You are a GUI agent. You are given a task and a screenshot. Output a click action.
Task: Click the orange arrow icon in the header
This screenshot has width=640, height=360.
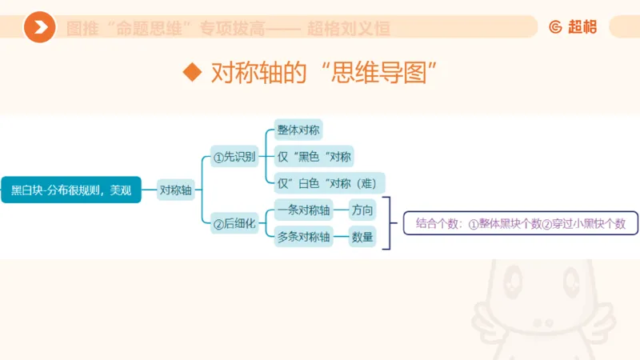39,28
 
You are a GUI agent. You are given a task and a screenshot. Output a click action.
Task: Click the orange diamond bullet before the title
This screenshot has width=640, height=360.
191,72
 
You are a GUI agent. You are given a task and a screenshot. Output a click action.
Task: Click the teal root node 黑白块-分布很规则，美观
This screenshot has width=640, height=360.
71,190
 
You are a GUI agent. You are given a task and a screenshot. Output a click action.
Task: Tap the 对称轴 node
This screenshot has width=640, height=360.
176,190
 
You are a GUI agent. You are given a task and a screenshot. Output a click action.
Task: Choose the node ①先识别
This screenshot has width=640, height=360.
234,156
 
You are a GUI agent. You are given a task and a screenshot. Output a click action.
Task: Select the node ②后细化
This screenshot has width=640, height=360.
234,225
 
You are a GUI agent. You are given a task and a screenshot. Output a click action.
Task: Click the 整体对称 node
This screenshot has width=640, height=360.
298,130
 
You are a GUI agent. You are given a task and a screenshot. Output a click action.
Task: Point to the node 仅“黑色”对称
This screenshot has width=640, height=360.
314,156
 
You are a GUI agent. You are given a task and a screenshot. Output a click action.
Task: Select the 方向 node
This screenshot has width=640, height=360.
362,211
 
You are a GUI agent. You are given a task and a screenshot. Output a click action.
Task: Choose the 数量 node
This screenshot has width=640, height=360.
362,238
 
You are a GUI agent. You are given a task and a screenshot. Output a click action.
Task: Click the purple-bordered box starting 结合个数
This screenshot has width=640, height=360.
520,224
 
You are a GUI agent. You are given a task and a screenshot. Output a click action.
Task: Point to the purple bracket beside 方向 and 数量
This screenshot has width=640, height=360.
390,224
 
